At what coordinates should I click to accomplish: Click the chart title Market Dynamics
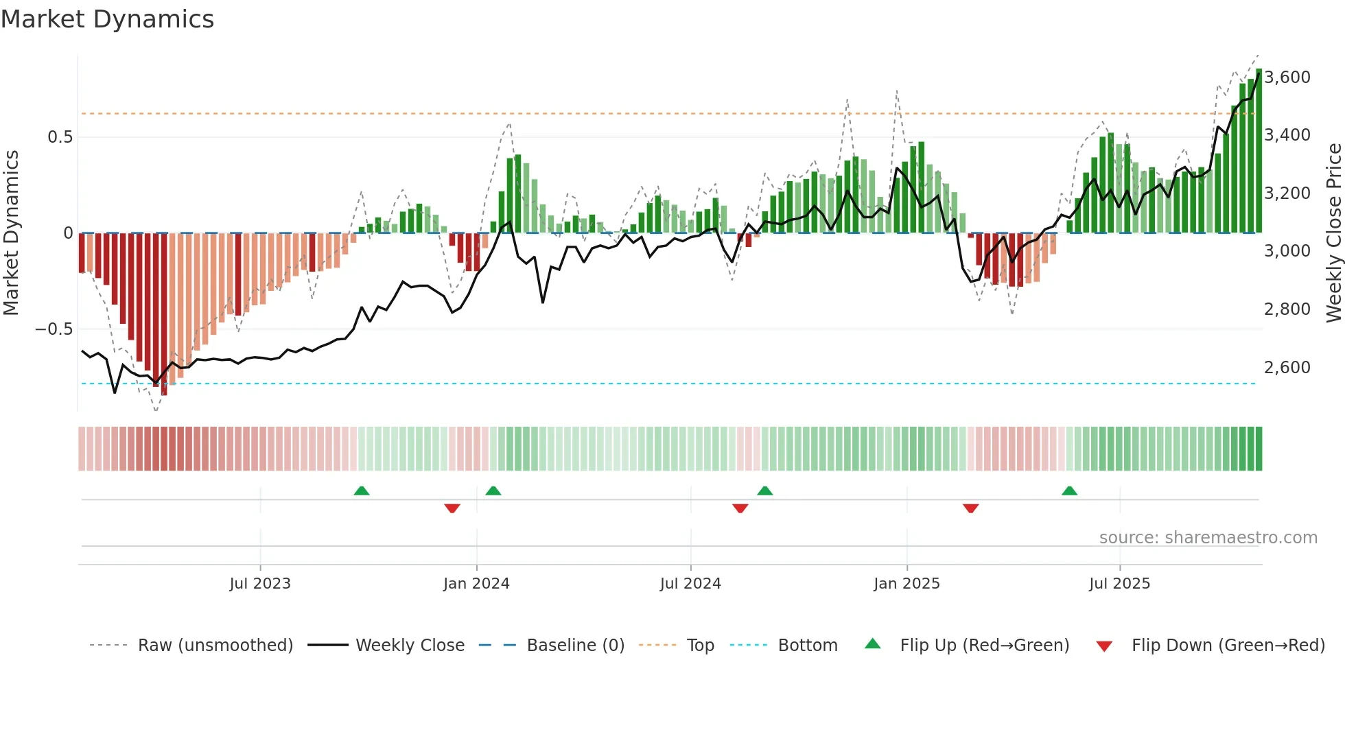(107, 19)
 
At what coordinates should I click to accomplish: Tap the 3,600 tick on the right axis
(1287, 77)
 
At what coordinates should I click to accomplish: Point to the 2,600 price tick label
(1287, 367)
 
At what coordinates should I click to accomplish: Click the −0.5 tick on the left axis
(54, 329)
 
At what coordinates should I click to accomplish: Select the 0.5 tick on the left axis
(60, 137)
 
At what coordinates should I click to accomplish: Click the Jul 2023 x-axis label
(260, 583)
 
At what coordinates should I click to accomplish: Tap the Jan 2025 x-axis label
(907, 583)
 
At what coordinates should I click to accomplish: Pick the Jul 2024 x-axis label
(690, 583)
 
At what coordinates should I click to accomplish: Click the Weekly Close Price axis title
(1333, 233)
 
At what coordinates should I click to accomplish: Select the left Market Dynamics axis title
(11, 233)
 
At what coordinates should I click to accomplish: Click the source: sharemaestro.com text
(1208, 537)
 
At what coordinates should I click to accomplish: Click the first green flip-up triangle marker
(362, 491)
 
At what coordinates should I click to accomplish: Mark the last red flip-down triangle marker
(970, 508)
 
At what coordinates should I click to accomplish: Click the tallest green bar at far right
(1259, 151)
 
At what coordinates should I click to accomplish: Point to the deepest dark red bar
(164, 316)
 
